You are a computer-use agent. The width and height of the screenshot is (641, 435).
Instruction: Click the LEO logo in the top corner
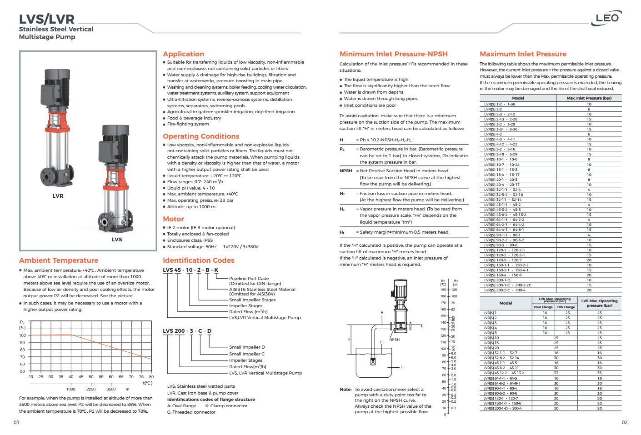608,18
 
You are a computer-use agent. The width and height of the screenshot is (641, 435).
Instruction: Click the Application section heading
183,54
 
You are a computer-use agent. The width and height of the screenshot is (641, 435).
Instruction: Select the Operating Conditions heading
201,136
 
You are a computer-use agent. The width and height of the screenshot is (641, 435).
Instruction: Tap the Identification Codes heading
199,260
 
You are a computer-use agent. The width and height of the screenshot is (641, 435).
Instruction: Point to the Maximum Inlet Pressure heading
523,54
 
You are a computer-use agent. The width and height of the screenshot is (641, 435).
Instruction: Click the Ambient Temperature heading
59,260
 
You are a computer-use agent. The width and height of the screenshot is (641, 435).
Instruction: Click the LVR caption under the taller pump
58,196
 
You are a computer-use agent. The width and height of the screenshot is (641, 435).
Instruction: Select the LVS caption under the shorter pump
117,240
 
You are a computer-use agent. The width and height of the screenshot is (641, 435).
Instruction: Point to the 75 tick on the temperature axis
141,377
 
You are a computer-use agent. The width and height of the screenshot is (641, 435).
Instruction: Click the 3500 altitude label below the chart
111,389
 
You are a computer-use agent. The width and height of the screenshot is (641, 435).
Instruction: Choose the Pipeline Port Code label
249,279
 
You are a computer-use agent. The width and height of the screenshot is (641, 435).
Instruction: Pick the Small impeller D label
247,347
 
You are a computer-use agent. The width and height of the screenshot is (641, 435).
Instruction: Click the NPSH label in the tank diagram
394,340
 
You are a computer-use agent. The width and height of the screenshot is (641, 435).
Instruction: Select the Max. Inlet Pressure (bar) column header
589,98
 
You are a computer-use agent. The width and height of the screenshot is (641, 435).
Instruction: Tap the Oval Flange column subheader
543,307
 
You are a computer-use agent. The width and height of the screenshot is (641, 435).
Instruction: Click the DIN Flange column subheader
566,307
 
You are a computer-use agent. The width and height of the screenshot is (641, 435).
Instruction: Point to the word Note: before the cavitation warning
346,390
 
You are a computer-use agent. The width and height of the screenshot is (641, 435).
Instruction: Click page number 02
624,422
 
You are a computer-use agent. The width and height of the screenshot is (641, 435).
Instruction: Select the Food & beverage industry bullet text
194,118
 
